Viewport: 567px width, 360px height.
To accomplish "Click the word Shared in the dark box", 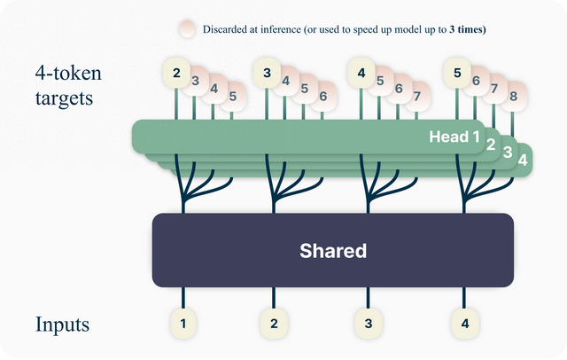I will pyautogui.click(x=332, y=251).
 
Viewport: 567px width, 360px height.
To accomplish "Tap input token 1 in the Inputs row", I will pyautogui.click(x=183, y=324).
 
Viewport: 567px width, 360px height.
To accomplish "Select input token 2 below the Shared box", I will pyautogui.click(x=274, y=324).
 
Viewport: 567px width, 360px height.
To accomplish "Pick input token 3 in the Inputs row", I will pyautogui.click(x=368, y=324).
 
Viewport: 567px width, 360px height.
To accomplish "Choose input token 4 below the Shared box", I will pyautogui.click(x=464, y=324).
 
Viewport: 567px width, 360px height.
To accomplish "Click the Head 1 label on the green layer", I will pyautogui.click(x=454, y=137).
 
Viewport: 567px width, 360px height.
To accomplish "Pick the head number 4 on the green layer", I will pyautogui.click(x=523, y=160).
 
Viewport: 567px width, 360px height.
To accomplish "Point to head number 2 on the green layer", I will pyautogui.click(x=490, y=145).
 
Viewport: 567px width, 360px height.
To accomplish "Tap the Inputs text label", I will pyautogui.click(x=64, y=324).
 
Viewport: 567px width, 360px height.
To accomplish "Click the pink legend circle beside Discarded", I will pyautogui.click(x=186, y=29).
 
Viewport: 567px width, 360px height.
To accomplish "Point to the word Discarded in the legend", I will pyautogui.click(x=231, y=29).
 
